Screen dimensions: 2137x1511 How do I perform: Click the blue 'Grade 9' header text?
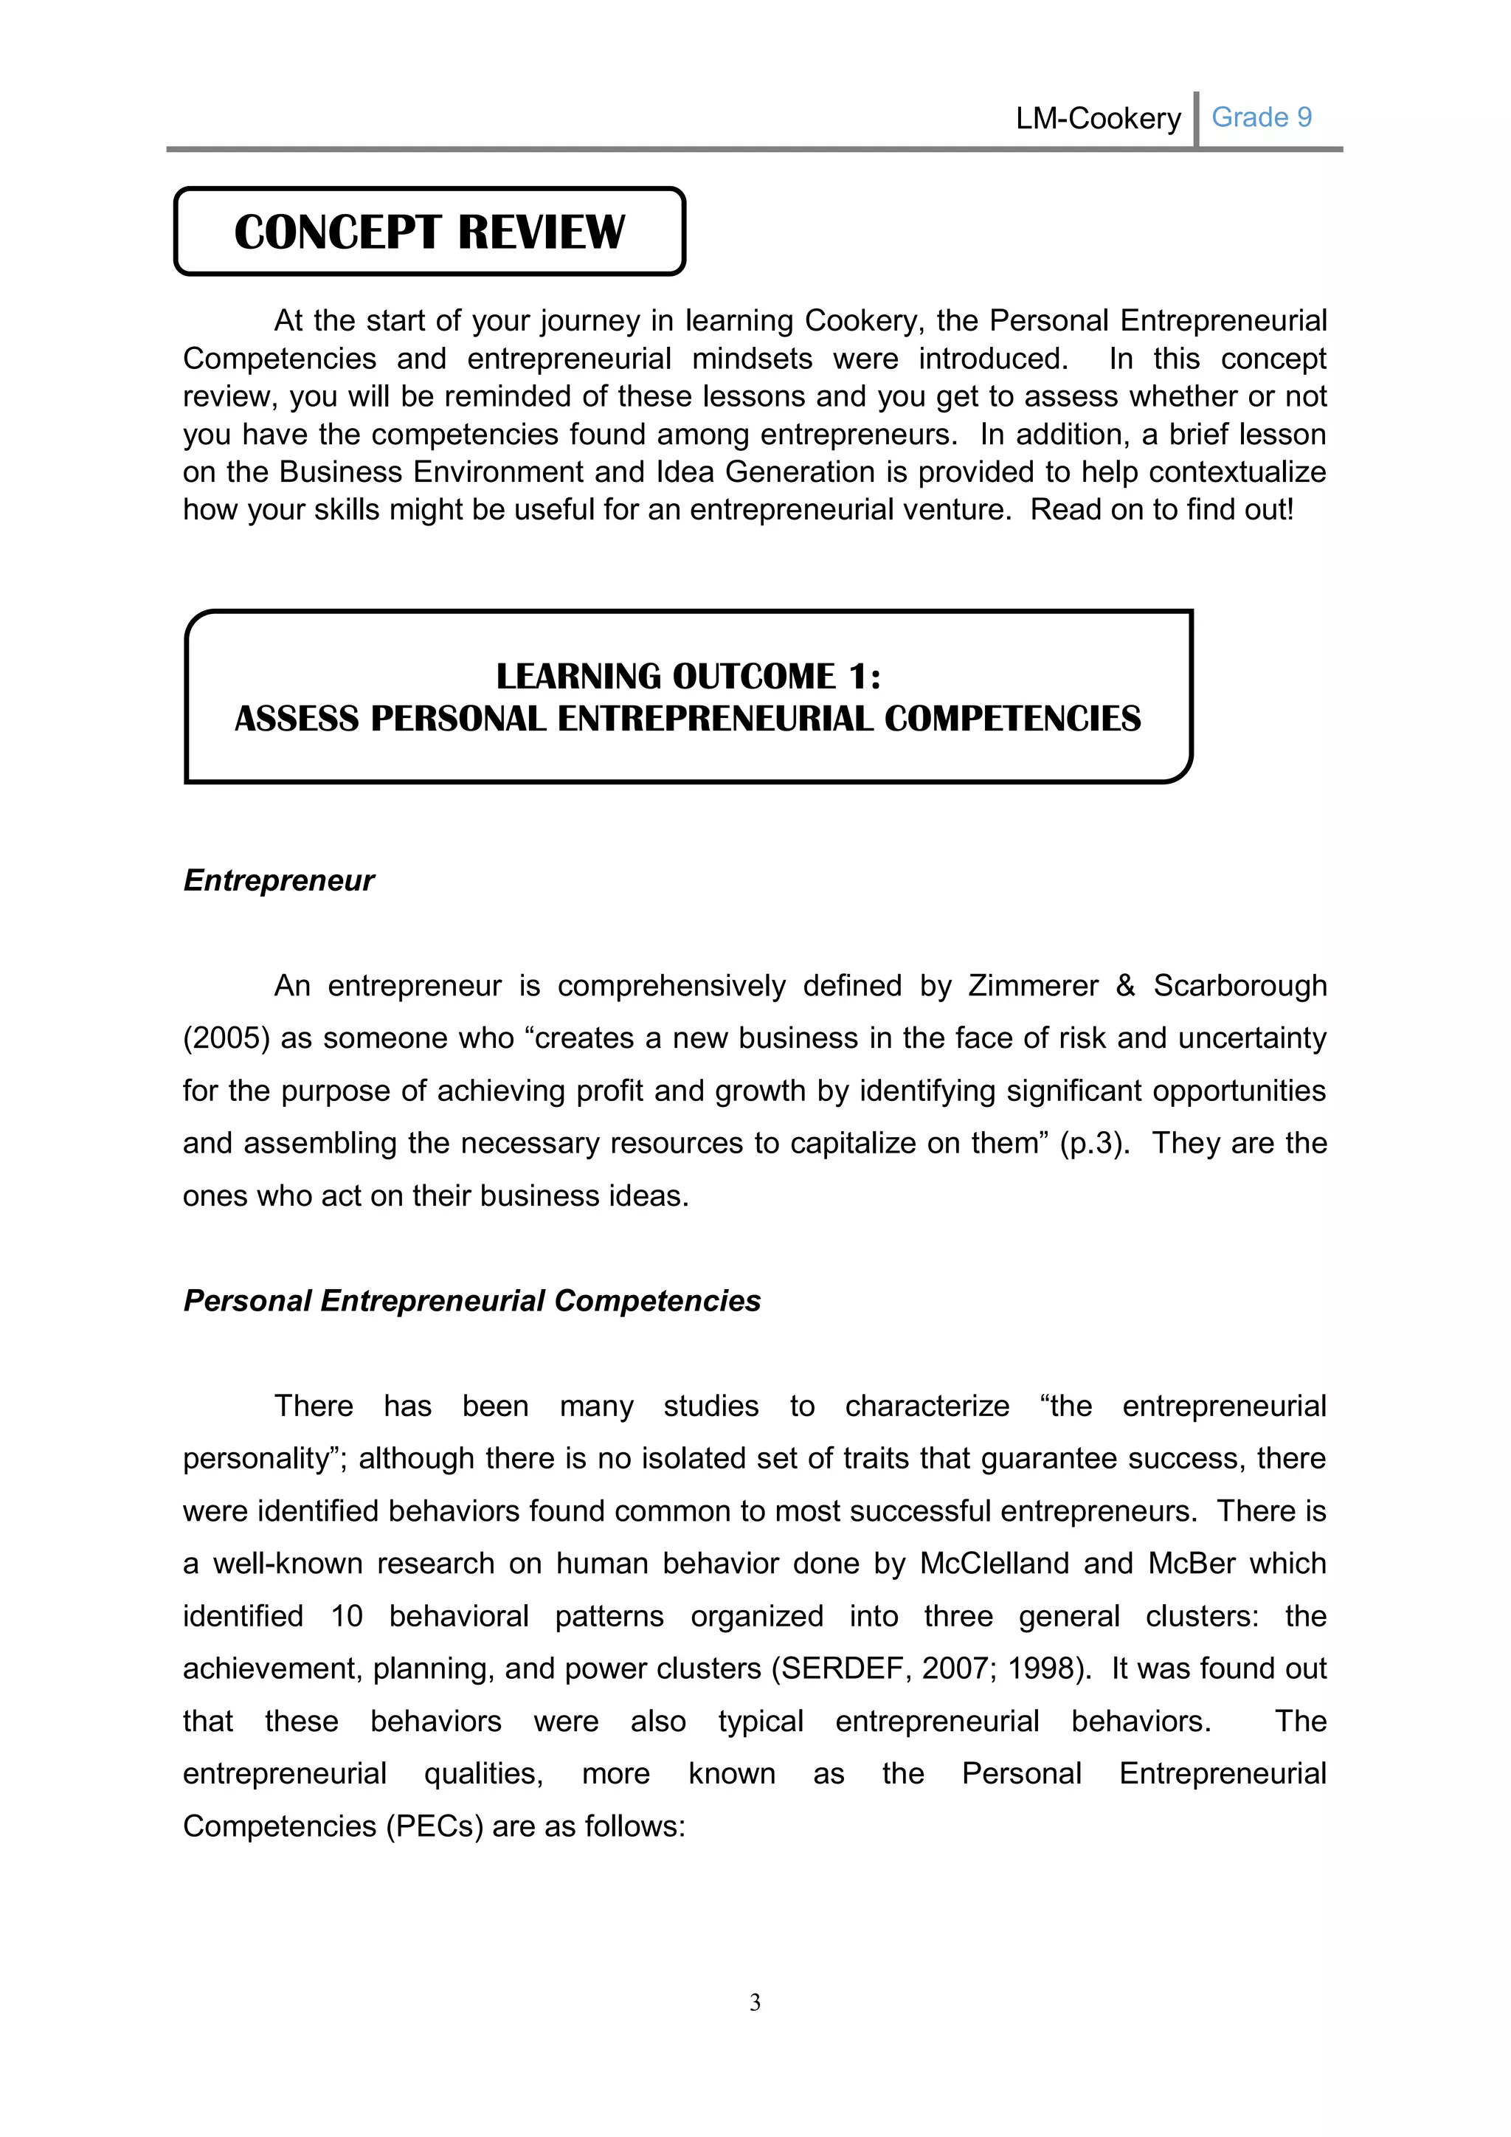coord(1261,117)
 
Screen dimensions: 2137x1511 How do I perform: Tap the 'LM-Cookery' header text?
coord(1098,118)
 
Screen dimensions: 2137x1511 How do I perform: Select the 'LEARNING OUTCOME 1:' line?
coord(688,676)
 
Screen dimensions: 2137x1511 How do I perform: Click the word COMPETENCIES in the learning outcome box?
coord(1012,719)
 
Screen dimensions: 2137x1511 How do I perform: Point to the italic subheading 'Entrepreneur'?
coord(278,880)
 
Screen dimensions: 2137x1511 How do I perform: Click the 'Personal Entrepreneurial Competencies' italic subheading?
coord(471,1300)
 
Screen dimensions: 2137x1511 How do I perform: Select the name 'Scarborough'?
coord(1239,986)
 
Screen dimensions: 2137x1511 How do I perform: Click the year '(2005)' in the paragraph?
coord(226,1038)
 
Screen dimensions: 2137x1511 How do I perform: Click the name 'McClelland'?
coord(994,1564)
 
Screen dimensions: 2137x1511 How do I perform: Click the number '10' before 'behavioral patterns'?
coord(346,1616)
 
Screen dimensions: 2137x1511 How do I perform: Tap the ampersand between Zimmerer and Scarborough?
coord(1125,986)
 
